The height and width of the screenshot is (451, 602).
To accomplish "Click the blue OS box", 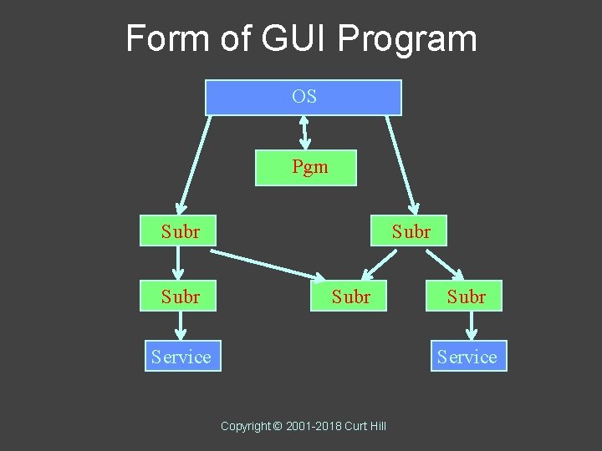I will click(x=304, y=97).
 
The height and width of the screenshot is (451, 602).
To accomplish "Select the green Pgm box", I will click(x=306, y=167).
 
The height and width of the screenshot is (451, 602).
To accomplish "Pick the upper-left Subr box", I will click(x=177, y=231).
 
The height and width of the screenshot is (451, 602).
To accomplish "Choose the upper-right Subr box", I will click(x=409, y=231).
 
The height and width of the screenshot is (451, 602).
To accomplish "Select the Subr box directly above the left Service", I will click(x=177, y=296).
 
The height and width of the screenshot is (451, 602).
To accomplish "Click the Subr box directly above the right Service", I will click(x=465, y=296).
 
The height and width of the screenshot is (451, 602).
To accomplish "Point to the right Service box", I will click(x=467, y=357).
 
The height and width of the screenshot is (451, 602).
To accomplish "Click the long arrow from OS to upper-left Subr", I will click(x=193, y=164).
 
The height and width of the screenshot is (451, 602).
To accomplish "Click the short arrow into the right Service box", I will click(x=473, y=326).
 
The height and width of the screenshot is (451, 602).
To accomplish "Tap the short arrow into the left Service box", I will click(x=181, y=326).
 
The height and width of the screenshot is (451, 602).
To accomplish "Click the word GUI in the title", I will click(x=281, y=38).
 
